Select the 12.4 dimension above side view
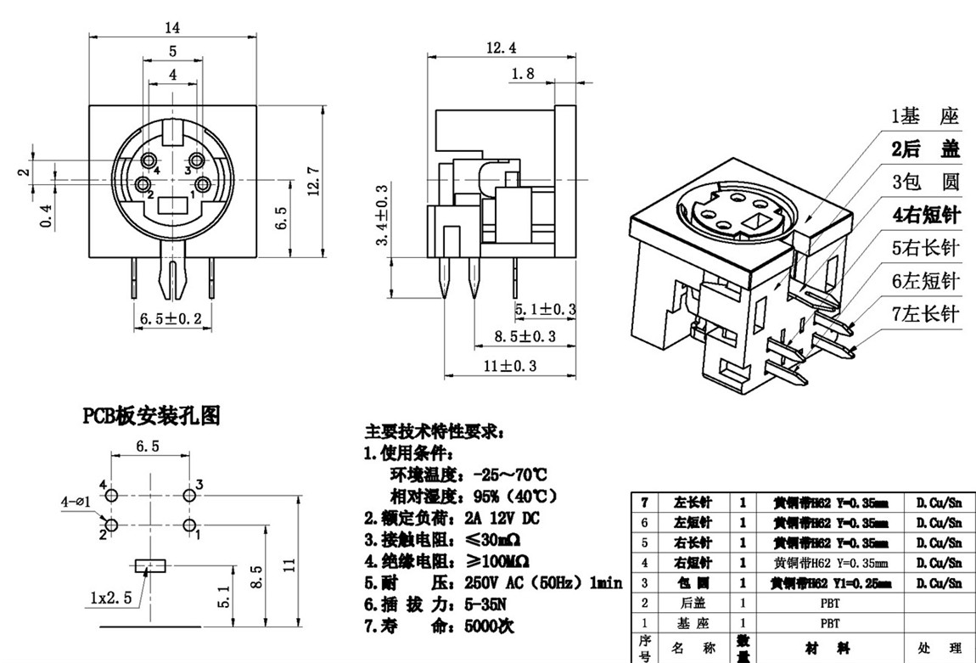click(x=501, y=48)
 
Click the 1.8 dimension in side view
click(x=524, y=74)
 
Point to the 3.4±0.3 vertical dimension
click(x=383, y=215)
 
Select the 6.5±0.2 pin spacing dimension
click(x=173, y=318)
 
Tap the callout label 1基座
click(x=924, y=116)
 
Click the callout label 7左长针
click(x=924, y=313)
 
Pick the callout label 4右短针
click(x=924, y=215)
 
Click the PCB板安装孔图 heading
click(x=151, y=415)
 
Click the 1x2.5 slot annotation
click(x=110, y=597)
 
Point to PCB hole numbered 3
click(x=189, y=494)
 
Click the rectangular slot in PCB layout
click(x=151, y=565)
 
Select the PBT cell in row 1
click(x=829, y=623)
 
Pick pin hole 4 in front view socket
click(x=149, y=161)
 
